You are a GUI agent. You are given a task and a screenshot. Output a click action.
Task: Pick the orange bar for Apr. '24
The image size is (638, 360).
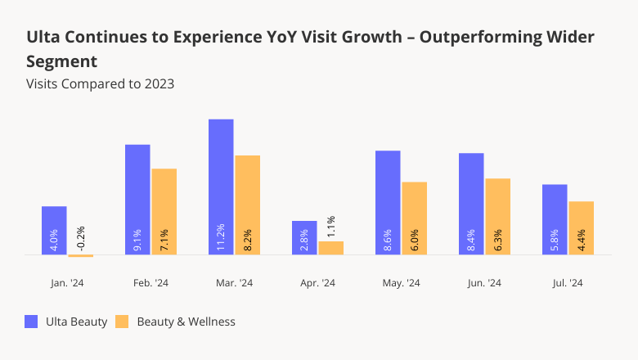click(331, 247)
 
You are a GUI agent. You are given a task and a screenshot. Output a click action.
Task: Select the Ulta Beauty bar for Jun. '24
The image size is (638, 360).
click(471, 204)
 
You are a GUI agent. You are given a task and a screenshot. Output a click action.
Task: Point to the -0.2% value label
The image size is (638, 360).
click(80, 239)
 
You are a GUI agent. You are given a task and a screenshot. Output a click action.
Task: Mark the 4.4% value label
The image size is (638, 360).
click(582, 241)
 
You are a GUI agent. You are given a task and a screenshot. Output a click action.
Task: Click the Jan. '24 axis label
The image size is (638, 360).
click(67, 283)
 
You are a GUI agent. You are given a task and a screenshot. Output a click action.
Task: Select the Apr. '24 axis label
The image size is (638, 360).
click(317, 283)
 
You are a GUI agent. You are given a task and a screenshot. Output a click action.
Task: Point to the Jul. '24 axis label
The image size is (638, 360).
click(568, 283)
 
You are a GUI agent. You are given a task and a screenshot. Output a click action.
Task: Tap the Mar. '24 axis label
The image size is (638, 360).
click(234, 283)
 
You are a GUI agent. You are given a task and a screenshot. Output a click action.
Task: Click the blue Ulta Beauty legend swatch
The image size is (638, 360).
click(32, 322)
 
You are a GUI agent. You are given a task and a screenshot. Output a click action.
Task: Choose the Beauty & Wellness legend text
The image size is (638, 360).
click(186, 322)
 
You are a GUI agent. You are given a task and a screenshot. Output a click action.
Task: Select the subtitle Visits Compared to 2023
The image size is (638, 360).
click(100, 83)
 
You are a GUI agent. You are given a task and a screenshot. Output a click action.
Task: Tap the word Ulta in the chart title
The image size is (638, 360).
click(43, 38)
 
